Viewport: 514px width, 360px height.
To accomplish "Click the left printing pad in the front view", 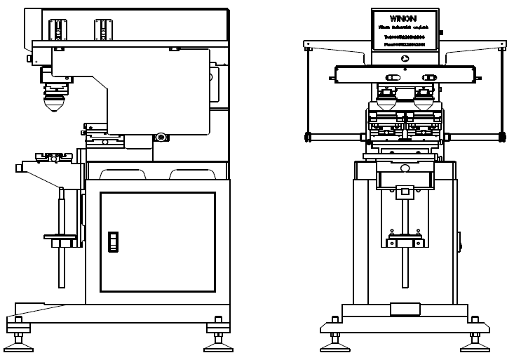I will tap(387, 100).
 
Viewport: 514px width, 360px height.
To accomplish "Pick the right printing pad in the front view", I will tap(424, 100).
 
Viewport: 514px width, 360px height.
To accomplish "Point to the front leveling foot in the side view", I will tap(18, 342).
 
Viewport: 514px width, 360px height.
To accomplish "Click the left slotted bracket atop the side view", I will tap(55, 29).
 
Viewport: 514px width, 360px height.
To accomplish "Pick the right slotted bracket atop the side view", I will tap(102, 29).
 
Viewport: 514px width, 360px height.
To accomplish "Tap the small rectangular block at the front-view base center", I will tap(404, 308).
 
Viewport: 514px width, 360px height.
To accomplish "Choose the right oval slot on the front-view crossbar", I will tap(427, 76).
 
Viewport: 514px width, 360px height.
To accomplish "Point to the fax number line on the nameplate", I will tap(405, 44).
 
